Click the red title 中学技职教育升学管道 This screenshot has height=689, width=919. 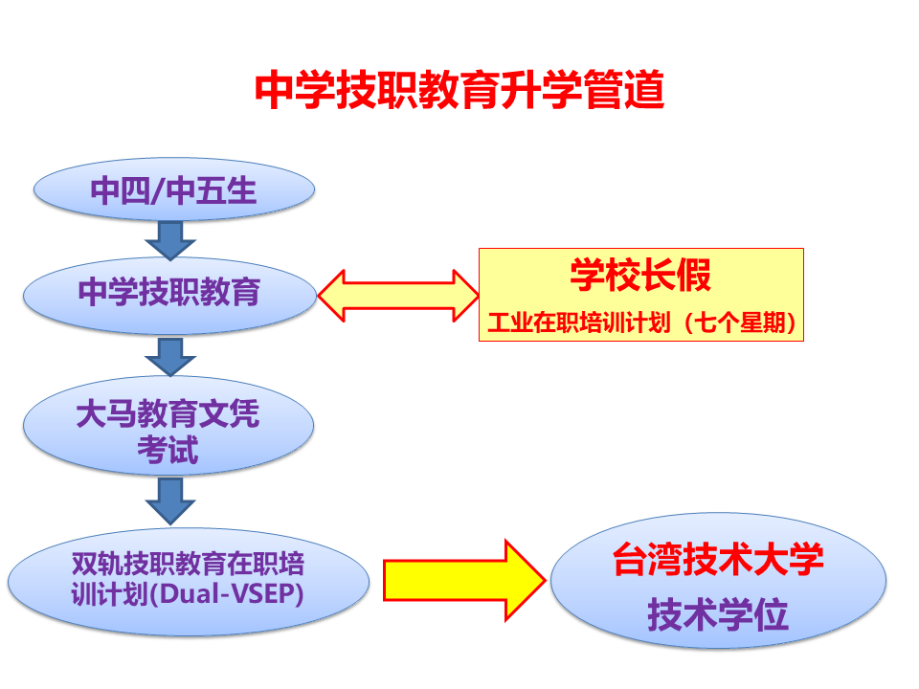459,92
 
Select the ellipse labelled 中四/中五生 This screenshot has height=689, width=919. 173,190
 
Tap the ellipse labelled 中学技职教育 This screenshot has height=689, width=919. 169,292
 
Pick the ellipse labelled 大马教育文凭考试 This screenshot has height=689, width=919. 168,432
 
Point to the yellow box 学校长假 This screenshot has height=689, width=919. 640,295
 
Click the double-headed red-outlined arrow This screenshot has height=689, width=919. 397,295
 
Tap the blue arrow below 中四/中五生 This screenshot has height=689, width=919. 171,239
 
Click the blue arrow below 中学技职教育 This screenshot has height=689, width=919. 171,356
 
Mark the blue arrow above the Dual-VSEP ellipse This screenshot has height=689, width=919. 171,500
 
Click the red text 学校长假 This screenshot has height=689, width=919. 640,277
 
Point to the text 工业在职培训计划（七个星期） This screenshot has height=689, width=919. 641,323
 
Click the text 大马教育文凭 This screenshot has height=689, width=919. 168,414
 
